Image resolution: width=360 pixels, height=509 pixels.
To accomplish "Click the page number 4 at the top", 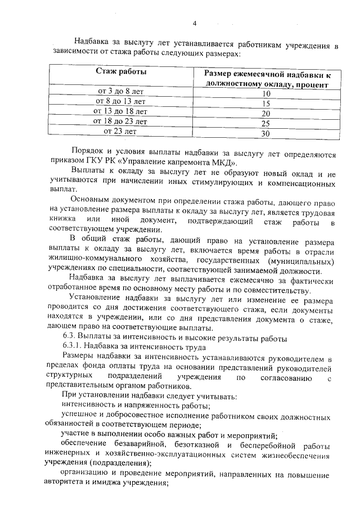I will [195, 23].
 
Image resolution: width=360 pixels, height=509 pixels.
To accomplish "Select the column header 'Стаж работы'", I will [121, 72].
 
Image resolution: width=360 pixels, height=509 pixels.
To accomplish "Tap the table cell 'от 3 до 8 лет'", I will [121, 91].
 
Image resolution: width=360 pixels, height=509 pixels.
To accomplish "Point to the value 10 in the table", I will [266, 93].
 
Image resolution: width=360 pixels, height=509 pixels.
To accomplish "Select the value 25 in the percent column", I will [266, 123].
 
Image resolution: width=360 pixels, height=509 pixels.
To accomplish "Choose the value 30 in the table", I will [266, 133].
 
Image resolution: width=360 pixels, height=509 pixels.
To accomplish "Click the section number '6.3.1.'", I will [74, 347].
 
